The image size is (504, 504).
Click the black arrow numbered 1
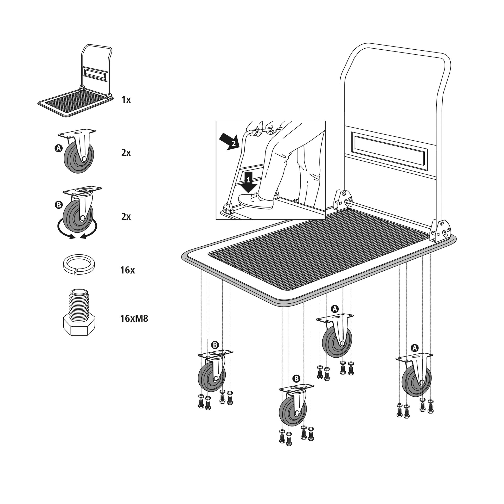pos(249,182)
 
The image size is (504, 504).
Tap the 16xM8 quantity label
pos(134,319)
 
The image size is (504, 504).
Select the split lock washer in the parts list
pos(79,264)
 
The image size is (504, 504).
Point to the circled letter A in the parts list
pos(58,148)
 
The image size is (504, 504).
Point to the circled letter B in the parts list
pos(59,205)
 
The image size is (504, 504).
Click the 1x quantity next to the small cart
pos(126,100)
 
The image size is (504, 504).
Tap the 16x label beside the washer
pos(128,270)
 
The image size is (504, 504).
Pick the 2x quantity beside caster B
pos(126,217)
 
